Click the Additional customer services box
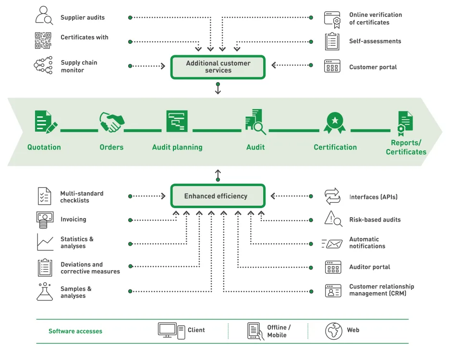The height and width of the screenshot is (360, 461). [218, 67]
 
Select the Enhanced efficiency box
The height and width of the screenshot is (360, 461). [218, 196]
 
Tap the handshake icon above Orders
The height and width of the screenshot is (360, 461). [112, 122]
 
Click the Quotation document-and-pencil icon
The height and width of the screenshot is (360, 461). [46, 122]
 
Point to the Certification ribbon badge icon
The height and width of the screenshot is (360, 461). [335, 123]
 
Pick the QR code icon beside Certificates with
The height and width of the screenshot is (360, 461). [43, 40]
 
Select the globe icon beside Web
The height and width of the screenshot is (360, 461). [334, 331]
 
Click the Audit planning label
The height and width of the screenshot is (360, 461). [177, 147]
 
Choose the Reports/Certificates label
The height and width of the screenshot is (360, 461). [406, 147]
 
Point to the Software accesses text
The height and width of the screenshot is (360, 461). [75, 331]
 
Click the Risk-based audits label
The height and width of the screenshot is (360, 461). [375, 220]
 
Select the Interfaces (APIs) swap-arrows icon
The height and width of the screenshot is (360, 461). [332, 196]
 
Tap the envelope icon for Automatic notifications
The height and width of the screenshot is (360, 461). [332, 244]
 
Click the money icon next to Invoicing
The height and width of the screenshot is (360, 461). [45, 220]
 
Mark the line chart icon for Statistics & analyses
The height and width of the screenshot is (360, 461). [45, 242]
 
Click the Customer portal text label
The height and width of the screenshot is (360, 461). [373, 67]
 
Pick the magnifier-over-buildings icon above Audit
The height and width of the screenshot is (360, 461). [255, 122]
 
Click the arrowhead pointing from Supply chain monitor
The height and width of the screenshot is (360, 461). [163, 66]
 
